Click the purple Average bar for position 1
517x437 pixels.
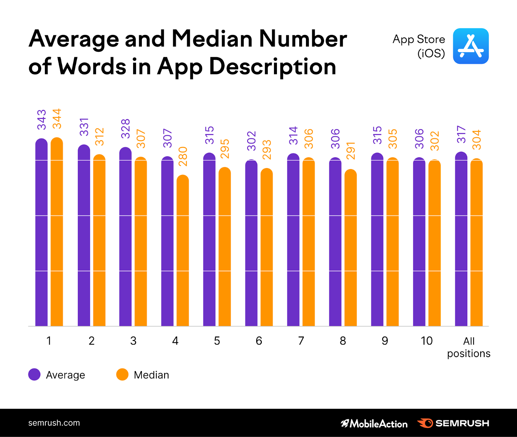pyautogui.click(x=41, y=233)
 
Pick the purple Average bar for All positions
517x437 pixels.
pyautogui.click(x=461, y=239)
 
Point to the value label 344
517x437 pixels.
pyautogui.click(x=57, y=119)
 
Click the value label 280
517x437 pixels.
pyautogui.click(x=183, y=156)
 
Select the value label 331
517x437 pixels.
pyautogui.click(x=84, y=127)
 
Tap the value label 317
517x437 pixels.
pyautogui.click(x=461, y=134)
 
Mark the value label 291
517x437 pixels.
pyautogui.click(x=351, y=151)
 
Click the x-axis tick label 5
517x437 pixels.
pyautogui.click(x=217, y=341)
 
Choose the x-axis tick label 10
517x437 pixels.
pyautogui.click(x=427, y=341)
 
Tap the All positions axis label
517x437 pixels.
pyautogui.click(x=469, y=347)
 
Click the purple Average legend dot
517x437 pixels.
pyautogui.click(x=34, y=374)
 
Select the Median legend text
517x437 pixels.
pyautogui.click(x=151, y=375)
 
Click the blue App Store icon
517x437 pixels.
pyautogui.click(x=470, y=46)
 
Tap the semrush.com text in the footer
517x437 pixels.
pyautogui.click(x=54, y=423)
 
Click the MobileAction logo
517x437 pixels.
pyautogui.click(x=374, y=423)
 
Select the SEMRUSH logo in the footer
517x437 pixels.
pyautogui.click(x=453, y=423)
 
